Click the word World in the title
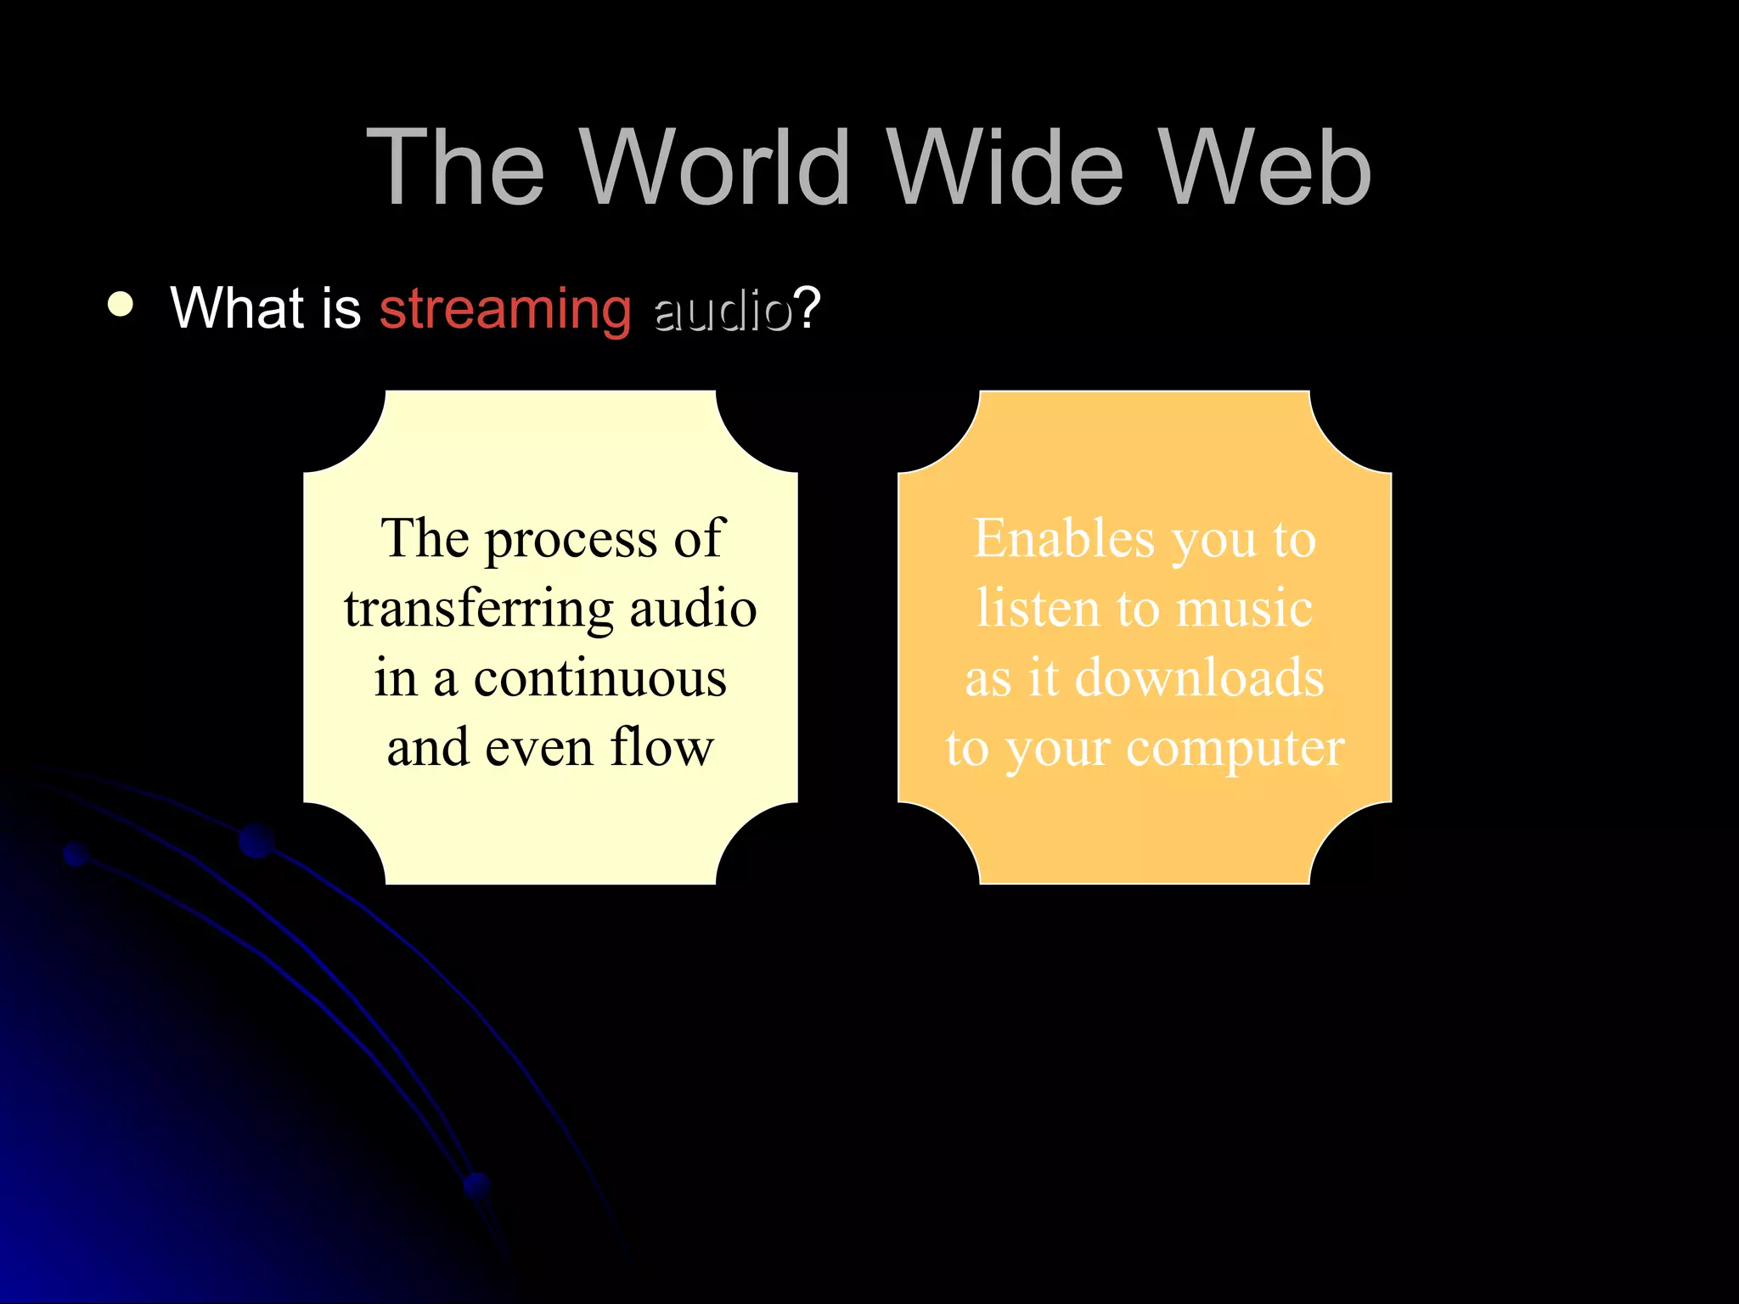pos(716,167)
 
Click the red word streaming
pos(505,309)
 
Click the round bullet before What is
pos(121,305)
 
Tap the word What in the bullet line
pos(237,307)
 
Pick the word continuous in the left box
pos(599,679)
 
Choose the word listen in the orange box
pos(1038,609)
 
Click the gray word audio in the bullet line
pos(723,310)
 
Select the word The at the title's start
pos(455,167)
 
